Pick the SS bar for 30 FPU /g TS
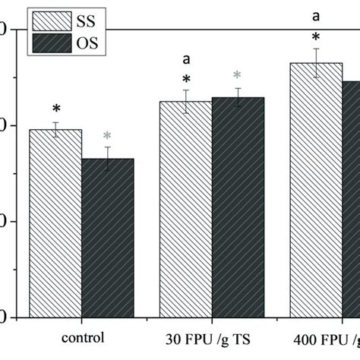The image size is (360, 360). tap(185, 209)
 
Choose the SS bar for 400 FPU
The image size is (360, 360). tap(316, 190)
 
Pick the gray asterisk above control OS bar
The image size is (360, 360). tap(107, 137)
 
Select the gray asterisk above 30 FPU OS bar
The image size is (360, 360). tap(238, 75)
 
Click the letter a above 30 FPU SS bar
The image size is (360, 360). tap(185, 58)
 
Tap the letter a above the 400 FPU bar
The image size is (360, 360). tap(316, 14)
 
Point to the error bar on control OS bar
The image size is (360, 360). tap(107, 158)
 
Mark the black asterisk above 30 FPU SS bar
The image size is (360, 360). tap(185, 80)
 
